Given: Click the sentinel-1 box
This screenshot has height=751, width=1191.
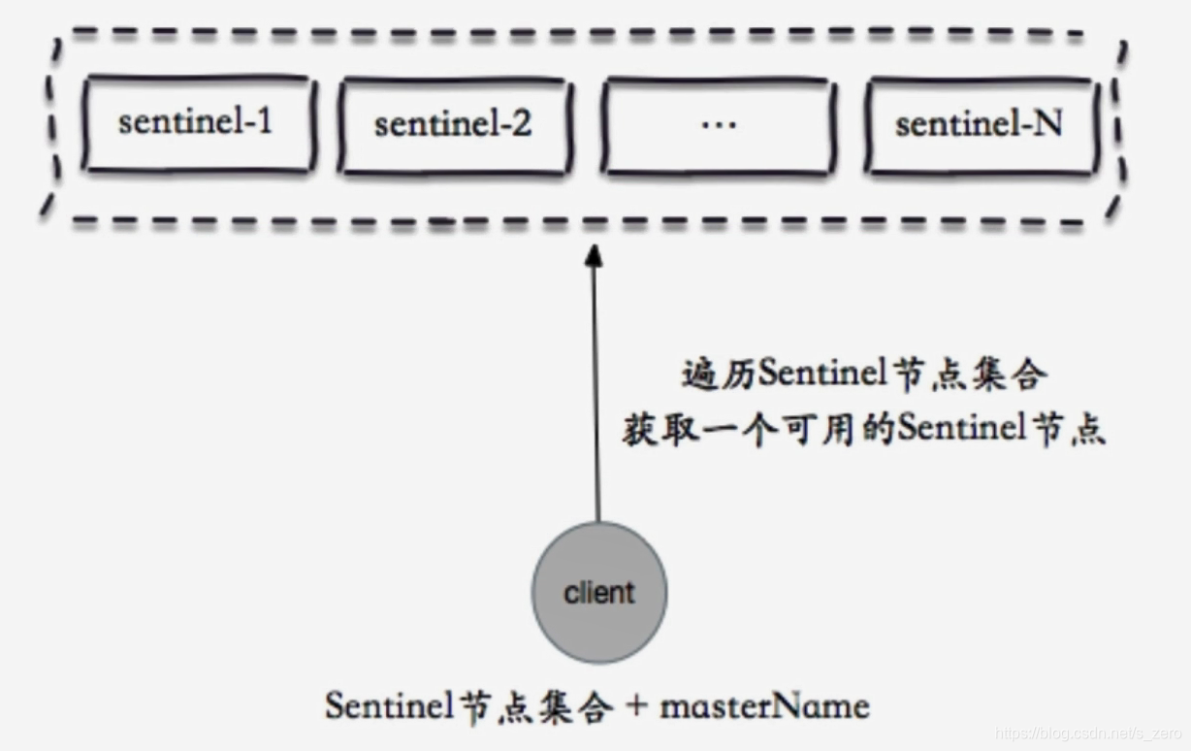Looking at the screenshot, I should coord(198,124).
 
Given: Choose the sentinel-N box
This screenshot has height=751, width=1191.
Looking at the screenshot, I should coord(980,125).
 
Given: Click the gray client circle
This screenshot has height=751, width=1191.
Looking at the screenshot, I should coord(598,592).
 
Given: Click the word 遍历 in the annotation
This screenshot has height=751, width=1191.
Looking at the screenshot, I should coord(718,375).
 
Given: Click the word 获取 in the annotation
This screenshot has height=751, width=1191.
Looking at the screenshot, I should coord(657,429).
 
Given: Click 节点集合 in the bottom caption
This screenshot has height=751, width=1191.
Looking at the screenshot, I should coord(529,705).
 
